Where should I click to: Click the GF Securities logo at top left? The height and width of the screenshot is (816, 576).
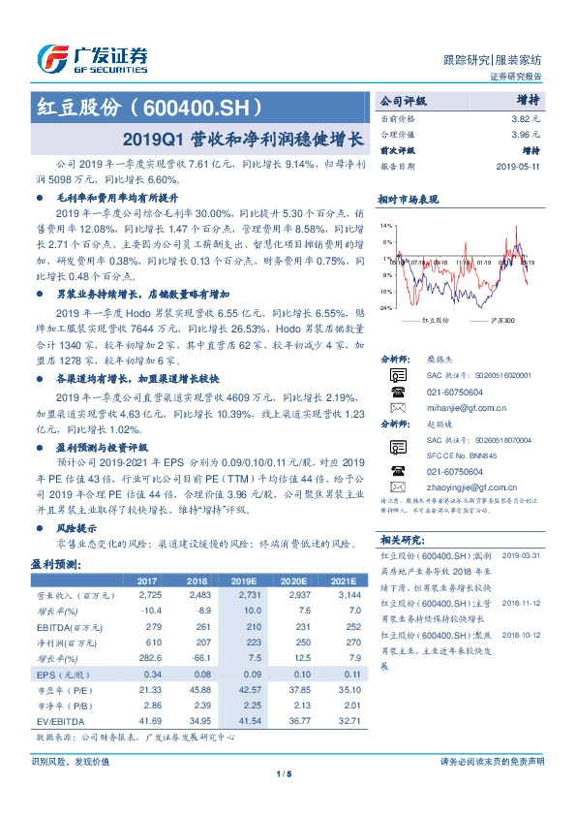pos(92,57)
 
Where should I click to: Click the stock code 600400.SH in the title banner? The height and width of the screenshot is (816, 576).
pos(205,106)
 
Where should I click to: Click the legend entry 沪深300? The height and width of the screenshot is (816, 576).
pos(502,320)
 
